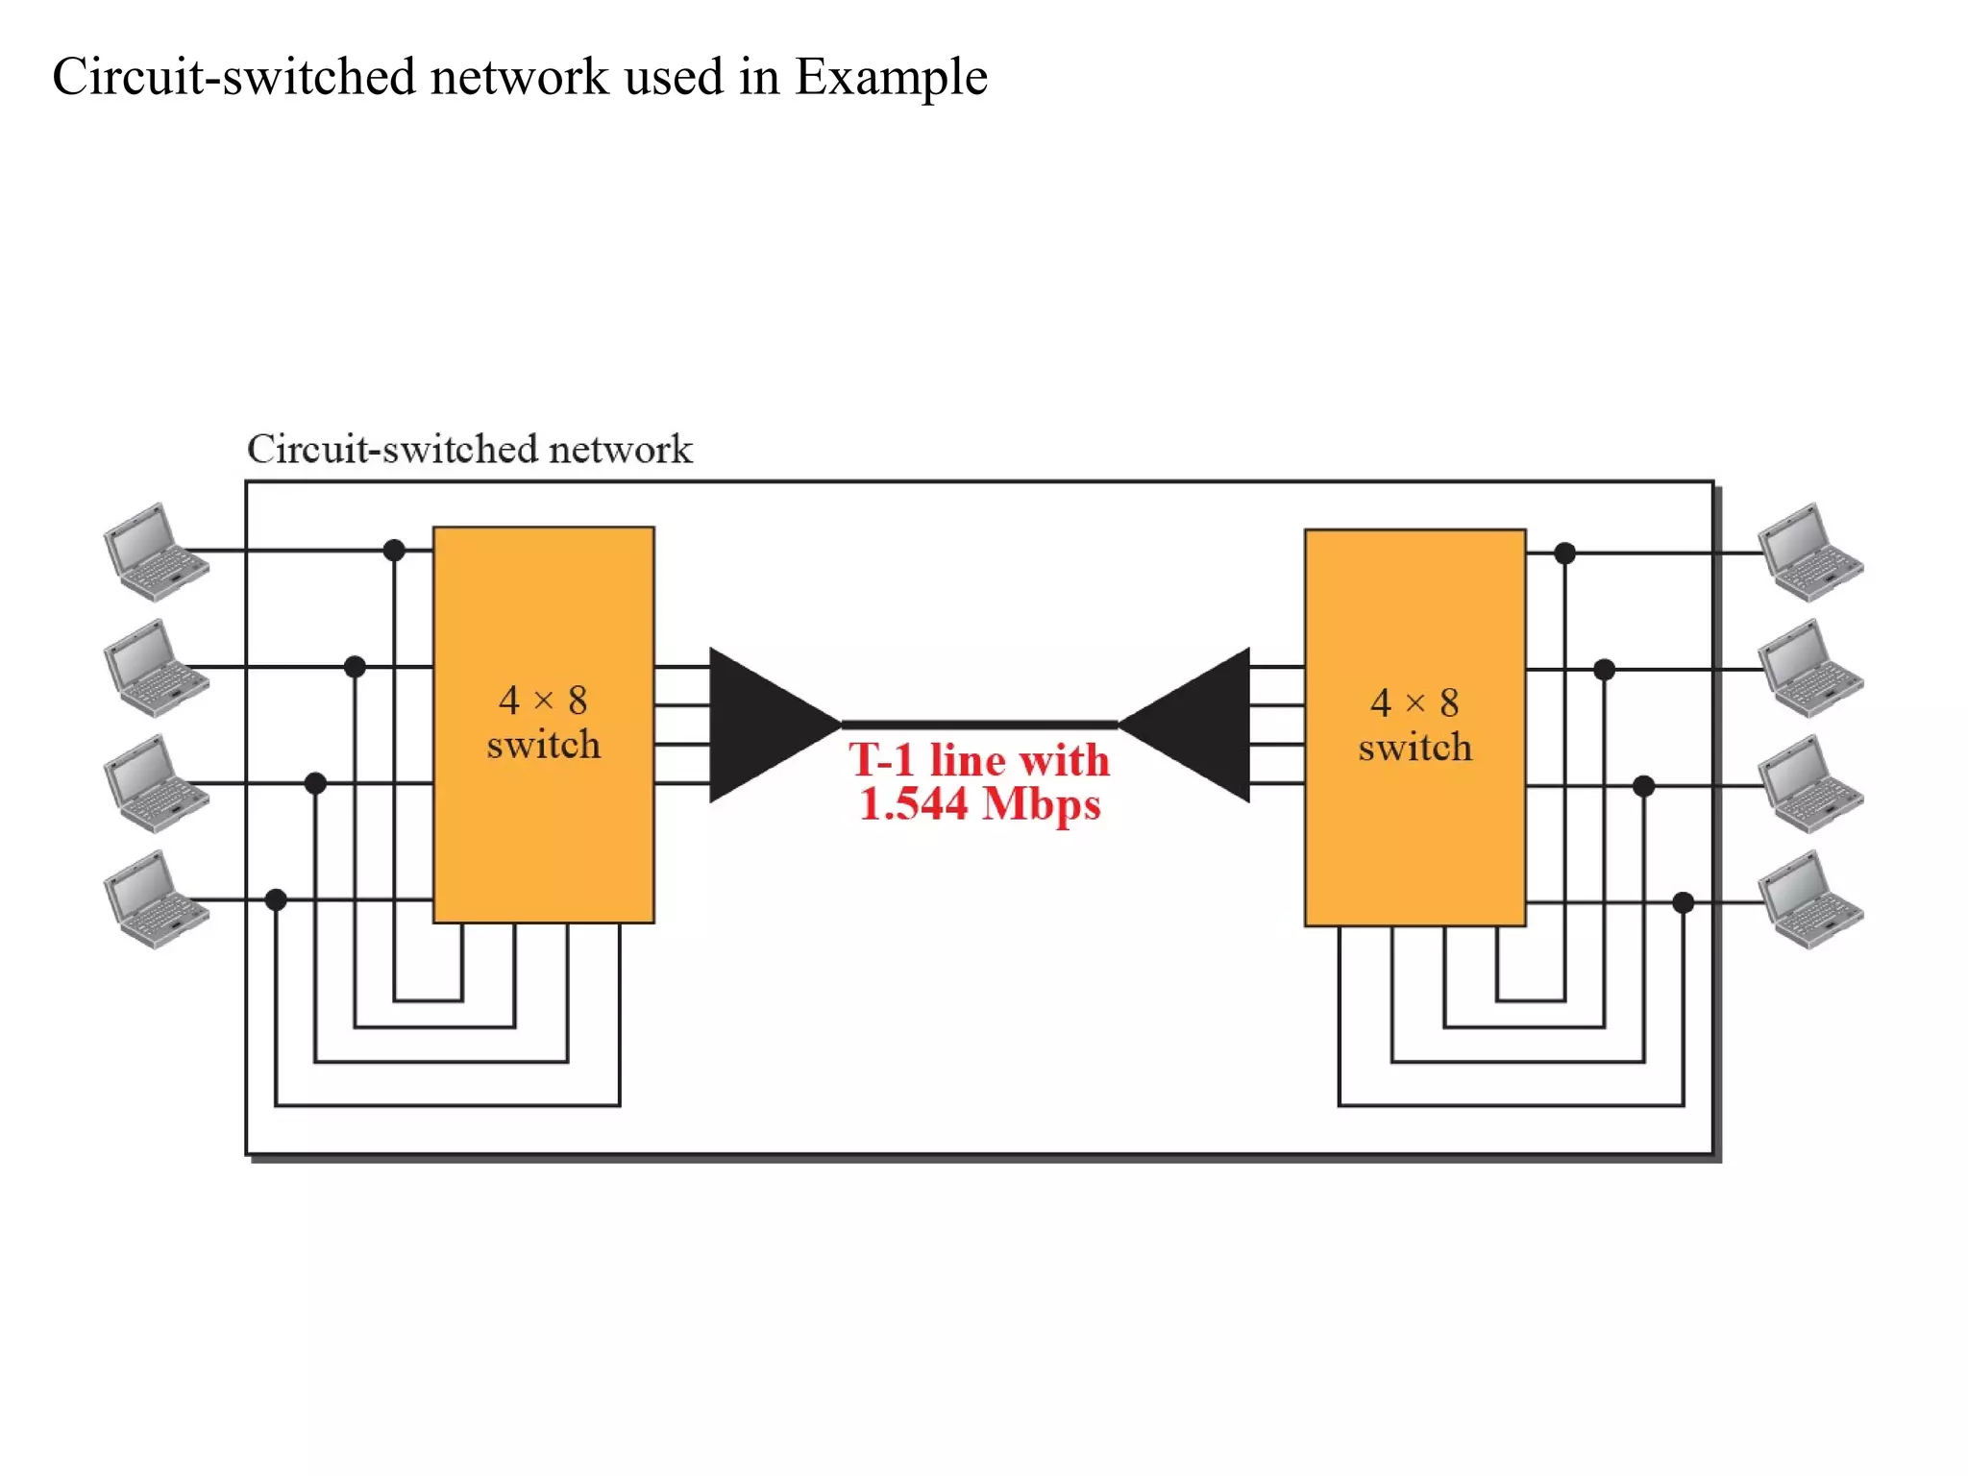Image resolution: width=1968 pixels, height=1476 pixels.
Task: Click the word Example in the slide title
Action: tap(891, 77)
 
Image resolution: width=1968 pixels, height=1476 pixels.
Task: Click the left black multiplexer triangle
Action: tap(764, 725)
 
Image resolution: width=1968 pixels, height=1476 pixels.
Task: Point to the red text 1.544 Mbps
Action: tap(979, 804)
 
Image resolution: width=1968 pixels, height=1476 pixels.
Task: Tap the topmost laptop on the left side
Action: tap(155, 552)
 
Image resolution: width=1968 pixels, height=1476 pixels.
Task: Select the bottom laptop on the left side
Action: tap(155, 899)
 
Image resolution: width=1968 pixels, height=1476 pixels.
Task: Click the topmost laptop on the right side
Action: tap(1810, 553)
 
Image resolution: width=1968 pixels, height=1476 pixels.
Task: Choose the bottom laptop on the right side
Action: tap(1810, 900)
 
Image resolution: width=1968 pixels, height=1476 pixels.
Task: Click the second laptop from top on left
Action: tap(155, 668)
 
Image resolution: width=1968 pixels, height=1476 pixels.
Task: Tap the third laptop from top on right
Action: tap(1810, 784)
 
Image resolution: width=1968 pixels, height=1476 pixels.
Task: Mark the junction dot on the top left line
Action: tap(394, 551)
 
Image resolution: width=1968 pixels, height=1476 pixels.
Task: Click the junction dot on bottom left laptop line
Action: tap(276, 899)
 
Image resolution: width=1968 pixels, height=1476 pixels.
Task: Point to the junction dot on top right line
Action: tap(1564, 553)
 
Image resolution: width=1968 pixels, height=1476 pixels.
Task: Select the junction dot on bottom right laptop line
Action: tap(1683, 902)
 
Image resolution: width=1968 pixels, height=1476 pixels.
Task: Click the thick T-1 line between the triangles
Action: tap(979, 725)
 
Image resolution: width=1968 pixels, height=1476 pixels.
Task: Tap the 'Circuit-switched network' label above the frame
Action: tap(469, 450)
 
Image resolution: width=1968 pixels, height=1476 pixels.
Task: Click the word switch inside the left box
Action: tap(543, 746)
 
